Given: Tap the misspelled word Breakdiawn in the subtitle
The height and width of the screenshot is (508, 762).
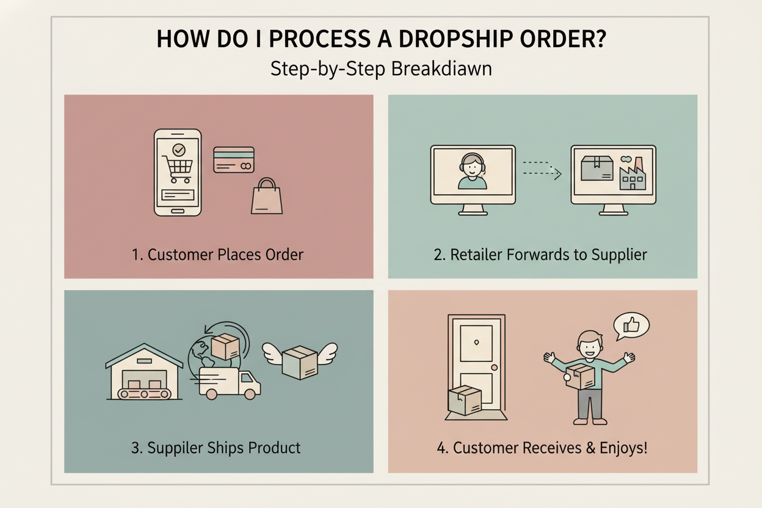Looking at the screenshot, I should [x=441, y=68].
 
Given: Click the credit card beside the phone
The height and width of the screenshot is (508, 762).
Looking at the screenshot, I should [x=233, y=159].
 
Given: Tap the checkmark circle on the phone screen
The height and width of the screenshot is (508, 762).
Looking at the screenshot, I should [x=178, y=148].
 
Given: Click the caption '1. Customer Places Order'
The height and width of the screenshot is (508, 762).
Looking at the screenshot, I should [x=218, y=254].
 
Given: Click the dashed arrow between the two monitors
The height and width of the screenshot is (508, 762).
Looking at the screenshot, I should [x=542, y=170].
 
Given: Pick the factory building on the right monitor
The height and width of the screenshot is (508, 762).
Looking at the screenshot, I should [x=632, y=174].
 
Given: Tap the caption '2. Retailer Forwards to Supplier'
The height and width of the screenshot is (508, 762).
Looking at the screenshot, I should [x=540, y=254].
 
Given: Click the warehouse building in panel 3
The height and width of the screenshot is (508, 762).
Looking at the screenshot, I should [x=144, y=374].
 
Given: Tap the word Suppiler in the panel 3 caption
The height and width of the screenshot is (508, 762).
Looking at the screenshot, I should [x=173, y=448].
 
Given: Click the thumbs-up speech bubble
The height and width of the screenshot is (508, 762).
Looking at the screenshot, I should [x=631, y=327].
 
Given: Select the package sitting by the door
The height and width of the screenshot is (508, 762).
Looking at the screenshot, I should [x=464, y=401].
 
